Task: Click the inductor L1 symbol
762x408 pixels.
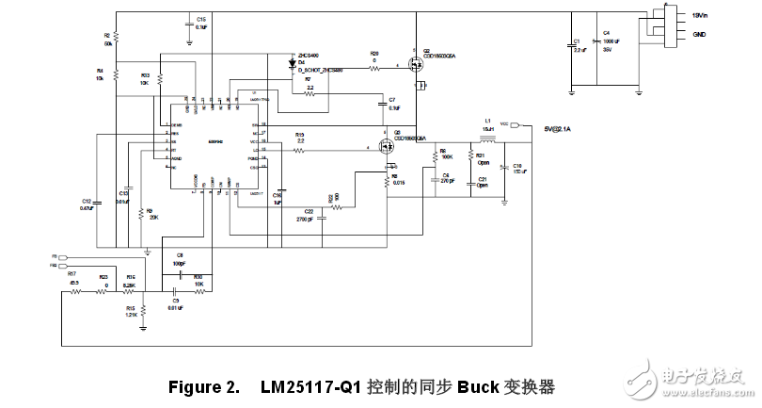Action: [x=487, y=133]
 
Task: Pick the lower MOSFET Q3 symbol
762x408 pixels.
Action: [x=387, y=147]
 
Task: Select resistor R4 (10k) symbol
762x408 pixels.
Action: [x=115, y=73]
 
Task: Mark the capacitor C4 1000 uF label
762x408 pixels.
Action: [x=611, y=43]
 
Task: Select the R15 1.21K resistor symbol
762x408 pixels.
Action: [x=142, y=311]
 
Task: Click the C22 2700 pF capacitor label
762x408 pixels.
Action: [x=308, y=213]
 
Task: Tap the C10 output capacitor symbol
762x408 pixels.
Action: [x=504, y=169]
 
